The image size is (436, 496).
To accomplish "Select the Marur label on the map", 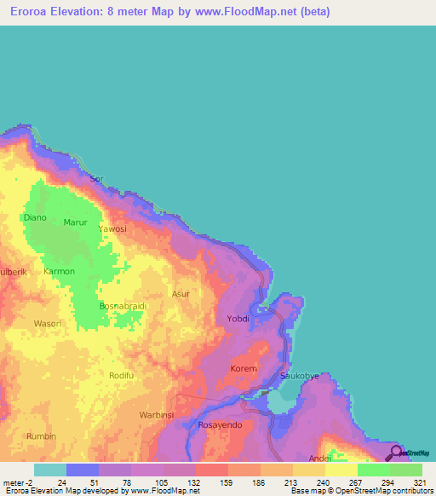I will click(x=76, y=222).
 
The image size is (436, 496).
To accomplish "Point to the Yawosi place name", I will click(x=112, y=229).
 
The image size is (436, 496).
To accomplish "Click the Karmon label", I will click(x=60, y=271).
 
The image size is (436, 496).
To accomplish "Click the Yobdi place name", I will click(x=238, y=319).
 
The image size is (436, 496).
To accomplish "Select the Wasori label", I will click(x=48, y=324).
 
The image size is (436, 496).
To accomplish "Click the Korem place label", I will click(x=244, y=369).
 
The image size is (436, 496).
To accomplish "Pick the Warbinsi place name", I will click(x=157, y=415).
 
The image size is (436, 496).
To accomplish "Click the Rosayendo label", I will click(x=221, y=424).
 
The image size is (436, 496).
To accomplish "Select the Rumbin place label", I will click(x=41, y=436).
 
